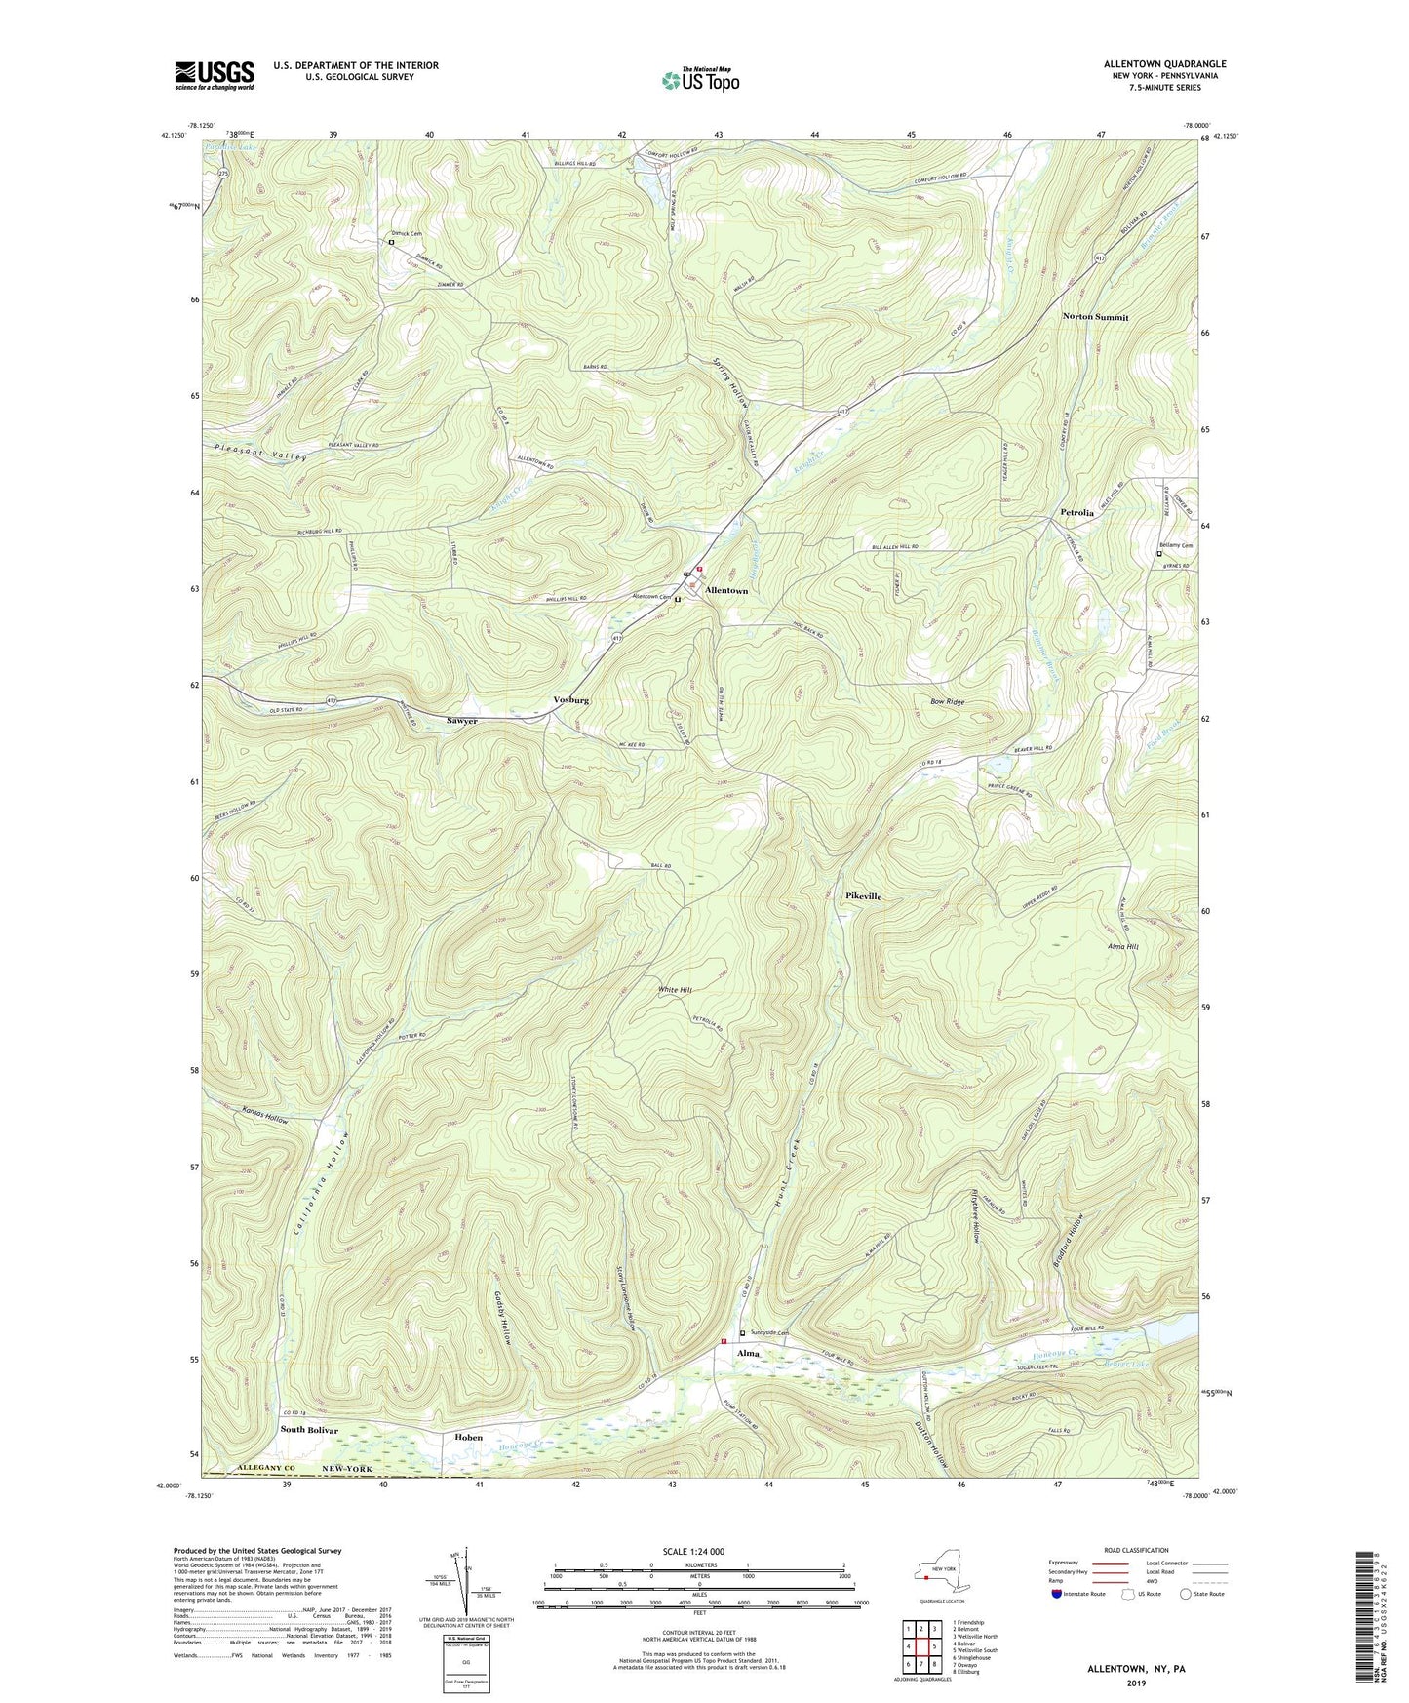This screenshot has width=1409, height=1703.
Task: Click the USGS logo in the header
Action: point(214,76)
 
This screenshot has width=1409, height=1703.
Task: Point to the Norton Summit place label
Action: point(1095,317)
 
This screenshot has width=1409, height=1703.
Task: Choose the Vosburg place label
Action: point(570,700)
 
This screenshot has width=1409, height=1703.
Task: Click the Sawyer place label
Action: point(462,721)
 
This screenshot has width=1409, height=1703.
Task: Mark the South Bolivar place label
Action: point(309,1430)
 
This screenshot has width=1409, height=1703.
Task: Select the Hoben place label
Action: point(469,1437)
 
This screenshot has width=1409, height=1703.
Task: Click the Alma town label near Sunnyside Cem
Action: point(748,1354)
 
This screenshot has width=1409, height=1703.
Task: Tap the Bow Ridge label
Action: point(948,701)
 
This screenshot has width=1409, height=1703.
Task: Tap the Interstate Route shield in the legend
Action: point(1056,1595)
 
